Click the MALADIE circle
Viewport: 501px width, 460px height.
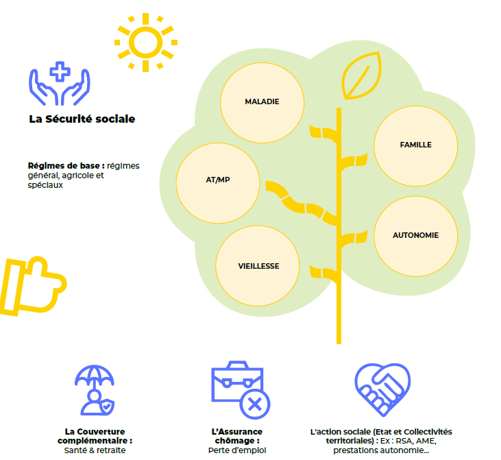262,101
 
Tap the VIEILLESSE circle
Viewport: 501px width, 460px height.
258,266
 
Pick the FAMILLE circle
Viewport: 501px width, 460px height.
415,145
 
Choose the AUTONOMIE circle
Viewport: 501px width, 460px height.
415,235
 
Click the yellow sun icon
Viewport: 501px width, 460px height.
145,42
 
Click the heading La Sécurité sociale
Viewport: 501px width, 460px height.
82,119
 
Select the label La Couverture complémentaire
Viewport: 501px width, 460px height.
95,436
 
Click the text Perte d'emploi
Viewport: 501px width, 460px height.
237,450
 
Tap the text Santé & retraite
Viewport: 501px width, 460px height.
95,450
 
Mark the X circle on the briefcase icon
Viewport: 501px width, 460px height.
254,403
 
